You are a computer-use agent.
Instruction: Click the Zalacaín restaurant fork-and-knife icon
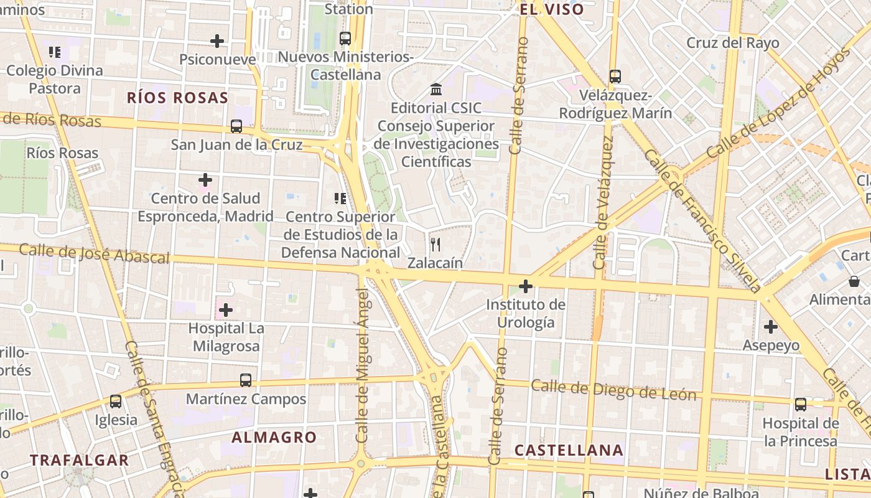435,245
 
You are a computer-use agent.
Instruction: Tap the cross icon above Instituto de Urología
526,286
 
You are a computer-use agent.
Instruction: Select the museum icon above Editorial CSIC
436,90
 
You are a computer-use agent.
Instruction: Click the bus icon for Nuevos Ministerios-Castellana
345,39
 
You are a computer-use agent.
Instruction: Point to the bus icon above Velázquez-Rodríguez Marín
615,77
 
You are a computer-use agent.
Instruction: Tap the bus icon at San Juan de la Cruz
236,126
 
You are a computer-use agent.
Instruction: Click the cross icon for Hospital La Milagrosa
226,309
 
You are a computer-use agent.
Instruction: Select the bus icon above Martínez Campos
246,380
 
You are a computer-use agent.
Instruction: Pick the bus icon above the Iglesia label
116,402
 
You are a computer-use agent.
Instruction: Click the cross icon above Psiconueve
217,41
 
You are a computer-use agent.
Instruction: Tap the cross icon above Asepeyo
771,326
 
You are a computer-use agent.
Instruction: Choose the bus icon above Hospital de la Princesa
801,405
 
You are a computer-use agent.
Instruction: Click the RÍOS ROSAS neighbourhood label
178,98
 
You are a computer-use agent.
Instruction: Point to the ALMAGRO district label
274,438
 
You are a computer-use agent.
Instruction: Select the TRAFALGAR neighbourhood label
80,461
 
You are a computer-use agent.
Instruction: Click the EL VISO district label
552,9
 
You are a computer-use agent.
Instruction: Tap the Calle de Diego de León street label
613,391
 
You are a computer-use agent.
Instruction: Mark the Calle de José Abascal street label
94,254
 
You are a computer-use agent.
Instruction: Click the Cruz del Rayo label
733,43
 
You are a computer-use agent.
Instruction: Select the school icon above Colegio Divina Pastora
55,52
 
